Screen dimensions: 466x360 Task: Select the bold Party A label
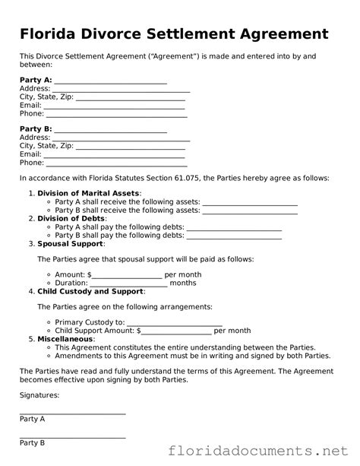click(36, 79)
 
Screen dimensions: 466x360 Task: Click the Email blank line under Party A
click(115, 106)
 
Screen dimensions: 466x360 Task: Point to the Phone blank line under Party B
click(116, 163)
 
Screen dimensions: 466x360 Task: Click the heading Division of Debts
click(74, 218)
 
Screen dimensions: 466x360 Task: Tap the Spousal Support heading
click(71, 244)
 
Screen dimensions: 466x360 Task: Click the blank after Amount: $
click(127, 275)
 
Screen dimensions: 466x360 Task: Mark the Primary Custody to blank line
click(174, 323)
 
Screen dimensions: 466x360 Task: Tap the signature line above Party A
click(72, 414)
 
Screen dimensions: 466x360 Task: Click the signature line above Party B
click(72, 437)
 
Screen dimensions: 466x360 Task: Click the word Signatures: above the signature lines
click(39, 395)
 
